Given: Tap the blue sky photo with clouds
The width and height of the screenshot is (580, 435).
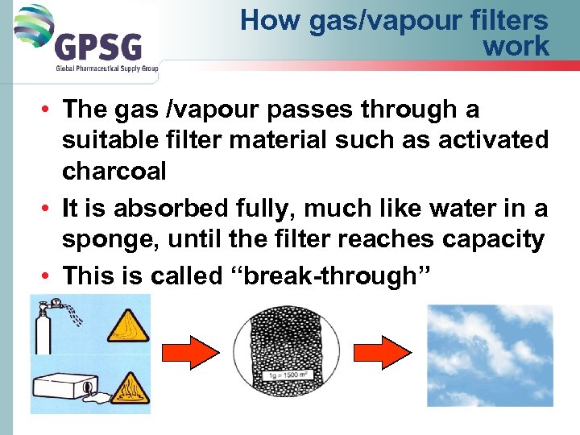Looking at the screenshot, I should (489, 358).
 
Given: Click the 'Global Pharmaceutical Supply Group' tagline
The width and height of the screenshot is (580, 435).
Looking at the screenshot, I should (106, 68).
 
